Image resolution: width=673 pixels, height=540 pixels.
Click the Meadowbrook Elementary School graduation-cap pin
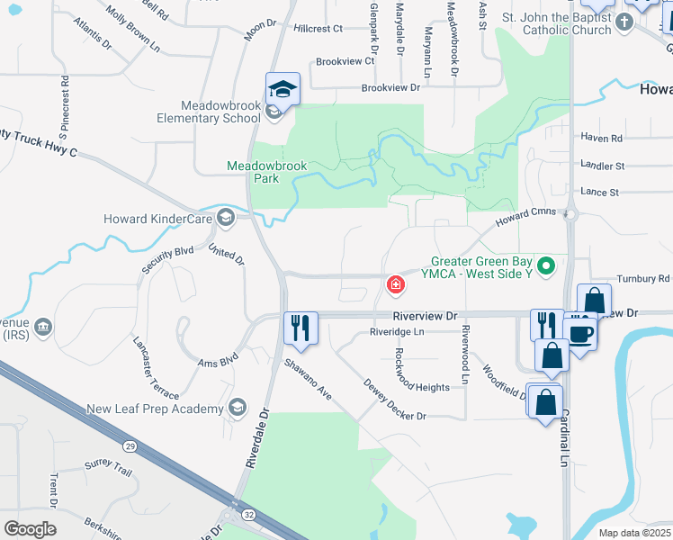click(282, 91)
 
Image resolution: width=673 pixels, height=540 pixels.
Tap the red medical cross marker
click(394, 285)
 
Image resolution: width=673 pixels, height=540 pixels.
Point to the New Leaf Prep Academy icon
click(238, 408)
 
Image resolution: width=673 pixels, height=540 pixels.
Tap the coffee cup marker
click(581, 332)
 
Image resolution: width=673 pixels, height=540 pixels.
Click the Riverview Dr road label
click(426, 316)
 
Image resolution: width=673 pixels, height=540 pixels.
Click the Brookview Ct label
click(345, 61)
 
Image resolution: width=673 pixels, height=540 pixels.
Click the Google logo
click(30, 528)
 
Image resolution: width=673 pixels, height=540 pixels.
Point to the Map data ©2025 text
click(634, 533)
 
